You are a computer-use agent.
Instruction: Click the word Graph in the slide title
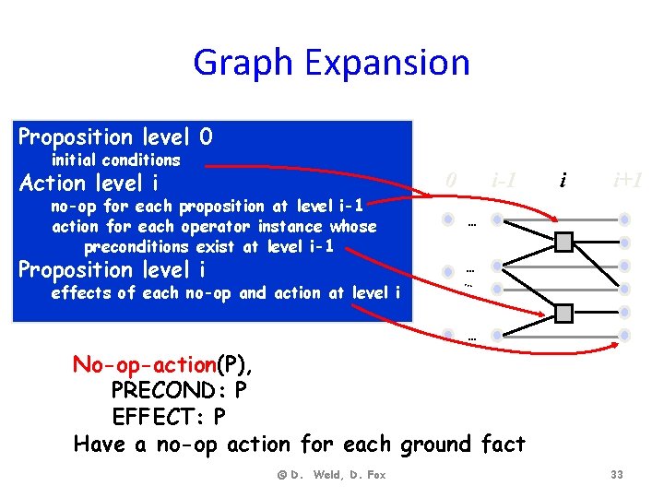[x=243, y=63]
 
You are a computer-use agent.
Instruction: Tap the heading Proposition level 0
[x=115, y=137]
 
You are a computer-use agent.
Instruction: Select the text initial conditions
[x=116, y=160]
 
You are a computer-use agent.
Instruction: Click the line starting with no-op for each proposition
[x=207, y=206]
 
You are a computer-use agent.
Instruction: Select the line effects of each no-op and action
[x=226, y=293]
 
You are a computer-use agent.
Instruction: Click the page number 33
[x=616, y=474]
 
